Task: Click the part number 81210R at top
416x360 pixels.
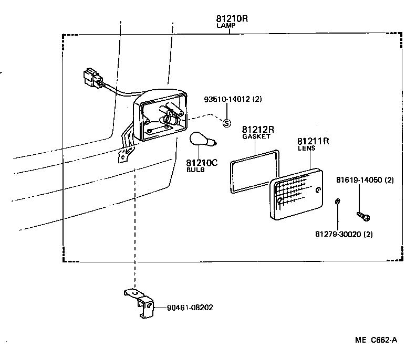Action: pyautogui.click(x=231, y=18)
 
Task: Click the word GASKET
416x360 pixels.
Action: pyautogui.click(x=256, y=136)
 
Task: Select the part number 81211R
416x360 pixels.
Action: pyautogui.click(x=313, y=141)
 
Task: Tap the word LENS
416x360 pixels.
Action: pyautogui.click(x=306, y=149)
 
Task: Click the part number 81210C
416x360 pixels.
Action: pyautogui.click(x=201, y=163)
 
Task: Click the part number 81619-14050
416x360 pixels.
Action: pyautogui.click(x=365, y=181)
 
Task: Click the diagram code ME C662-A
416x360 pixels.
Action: pyautogui.click(x=376, y=340)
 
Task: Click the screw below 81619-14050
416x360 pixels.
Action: pyautogui.click(x=362, y=214)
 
